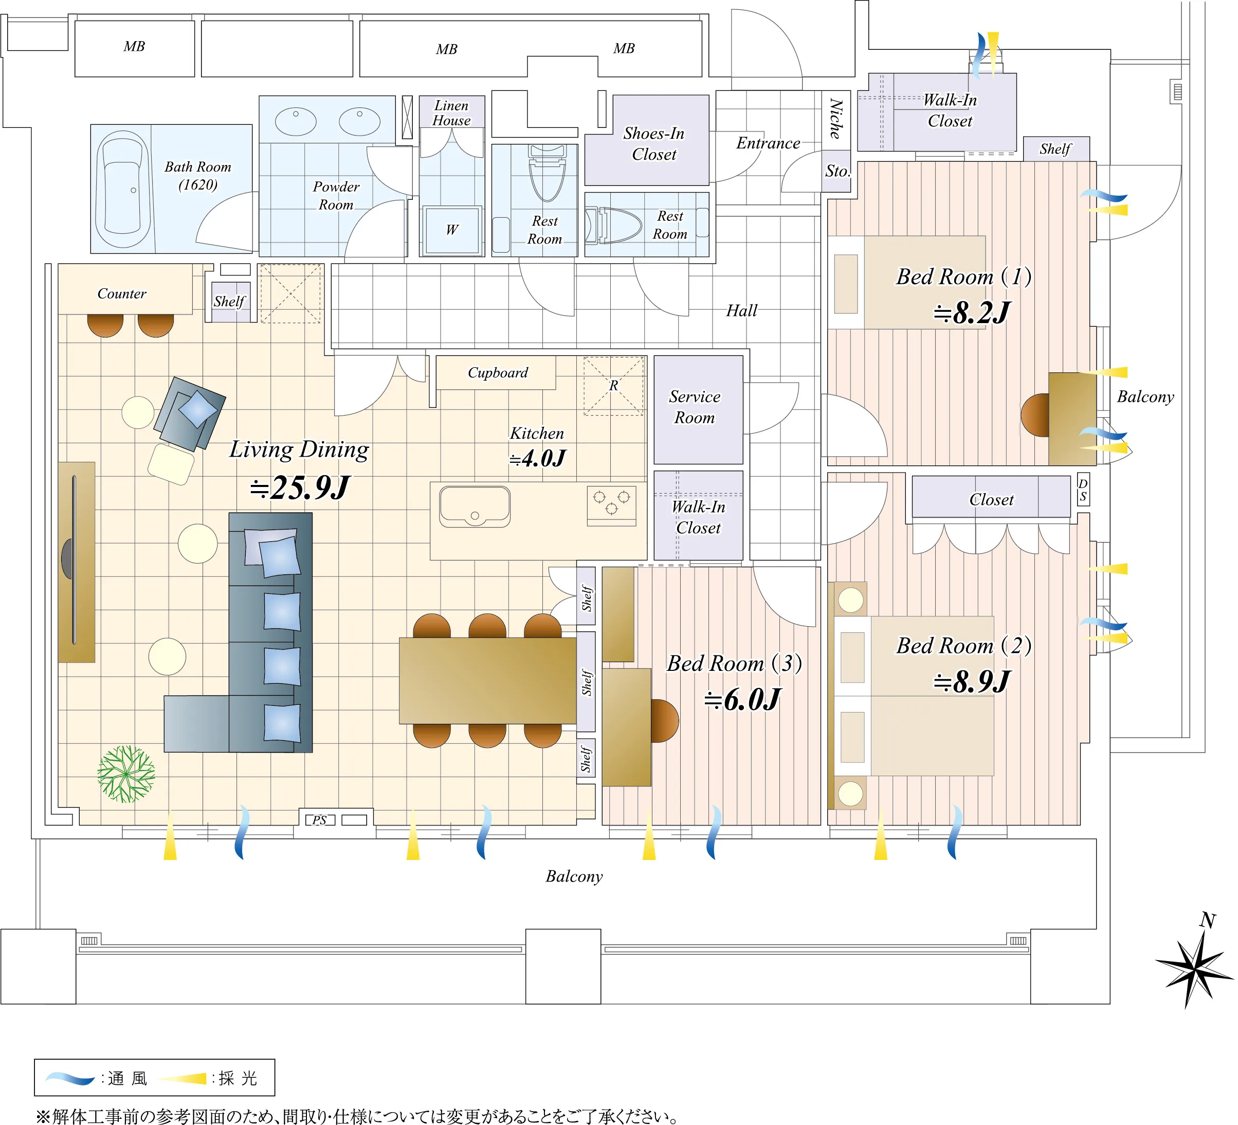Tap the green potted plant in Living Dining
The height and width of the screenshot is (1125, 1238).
click(126, 774)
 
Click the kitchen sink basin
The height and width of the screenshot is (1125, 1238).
click(475, 507)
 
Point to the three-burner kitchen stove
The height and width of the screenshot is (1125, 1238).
click(612, 504)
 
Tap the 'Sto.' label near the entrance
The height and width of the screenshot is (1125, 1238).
click(838, 171)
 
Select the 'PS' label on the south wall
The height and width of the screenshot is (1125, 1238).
click(319, 820)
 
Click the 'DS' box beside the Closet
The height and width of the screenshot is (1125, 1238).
click(1083, 489)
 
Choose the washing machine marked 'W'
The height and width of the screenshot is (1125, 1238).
click(452, 230)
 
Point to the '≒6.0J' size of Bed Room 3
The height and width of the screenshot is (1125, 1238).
click(742, 700)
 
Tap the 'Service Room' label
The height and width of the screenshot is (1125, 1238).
click(695, 407)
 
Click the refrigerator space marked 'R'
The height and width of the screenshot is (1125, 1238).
click(613, 385)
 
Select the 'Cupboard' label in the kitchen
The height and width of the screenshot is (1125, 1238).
click(498, 372)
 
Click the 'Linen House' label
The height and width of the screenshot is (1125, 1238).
click(451, 113)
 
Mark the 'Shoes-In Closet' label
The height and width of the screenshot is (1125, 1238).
click(654, 144)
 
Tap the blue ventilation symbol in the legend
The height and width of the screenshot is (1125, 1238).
click(70, 1078)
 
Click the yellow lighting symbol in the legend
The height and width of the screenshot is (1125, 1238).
click(183, 1078)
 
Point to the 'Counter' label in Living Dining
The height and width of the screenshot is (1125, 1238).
click(122, 293)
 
